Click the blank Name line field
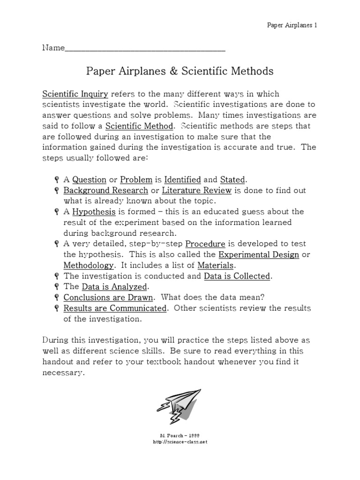(x=145, y=48)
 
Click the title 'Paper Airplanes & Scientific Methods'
(x=180, y=71)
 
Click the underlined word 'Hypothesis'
(x=94, y=211)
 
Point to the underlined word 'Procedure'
(x=205, y=244)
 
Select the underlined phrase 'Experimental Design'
(x=258, y=255)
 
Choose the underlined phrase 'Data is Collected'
(x=237, y=276)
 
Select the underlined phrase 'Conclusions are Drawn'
(x=108, y=298)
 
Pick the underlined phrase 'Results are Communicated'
(x=115, y=308)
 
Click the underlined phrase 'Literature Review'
(x=197, y=190)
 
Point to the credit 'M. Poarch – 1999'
(x=180, y=435)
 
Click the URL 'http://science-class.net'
(x=180, y=442)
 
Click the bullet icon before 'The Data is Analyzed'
(x=56, y=287)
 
